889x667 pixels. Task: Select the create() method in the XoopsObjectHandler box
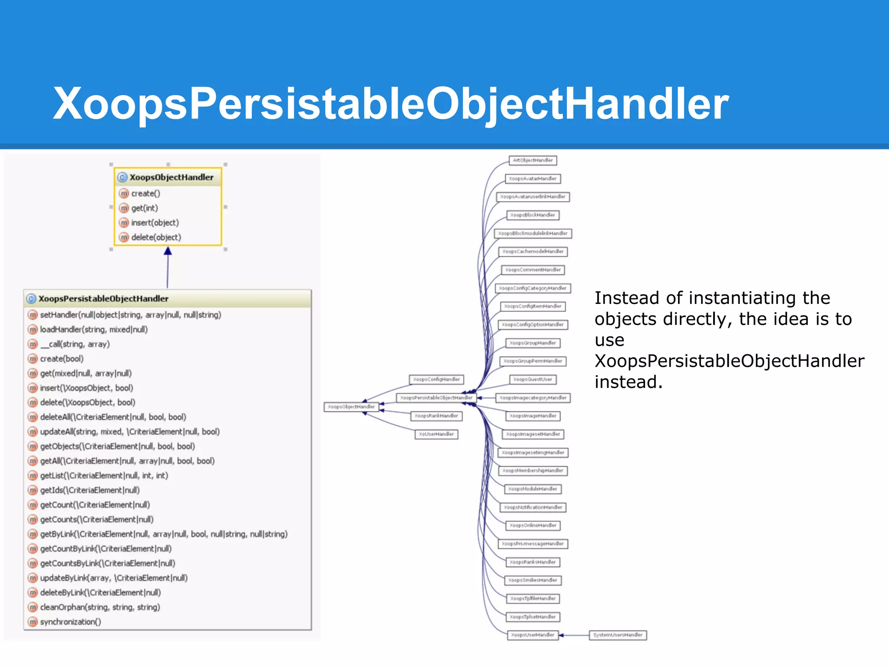tap(145, 193)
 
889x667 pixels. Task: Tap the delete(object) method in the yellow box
tap(156, 237)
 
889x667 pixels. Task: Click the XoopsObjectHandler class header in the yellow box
tap(171, 177)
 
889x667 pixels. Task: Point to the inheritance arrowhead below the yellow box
tap(168, 251)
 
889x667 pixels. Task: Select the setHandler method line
tap(130, 314)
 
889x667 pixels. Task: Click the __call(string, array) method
tap(75, 344)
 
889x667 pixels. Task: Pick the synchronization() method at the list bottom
tap(70, 621)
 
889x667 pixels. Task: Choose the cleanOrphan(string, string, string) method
tap(100, 607)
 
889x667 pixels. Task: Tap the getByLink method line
tap(164, 534)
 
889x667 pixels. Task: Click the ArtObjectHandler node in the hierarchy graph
tap(533, 160)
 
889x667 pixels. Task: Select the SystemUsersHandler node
tap(618, 635)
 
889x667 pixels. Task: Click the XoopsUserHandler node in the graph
tap(533, 635)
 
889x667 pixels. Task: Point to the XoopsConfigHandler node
tap(436, 380)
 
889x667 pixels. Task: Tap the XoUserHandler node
tap(436, 434)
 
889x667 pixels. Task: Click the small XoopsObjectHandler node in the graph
tap(351, 407)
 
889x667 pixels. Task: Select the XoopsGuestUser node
tap(533, 380)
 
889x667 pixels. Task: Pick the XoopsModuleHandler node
tap(533, 489)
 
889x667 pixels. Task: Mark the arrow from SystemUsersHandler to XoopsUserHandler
tap(573, 635)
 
